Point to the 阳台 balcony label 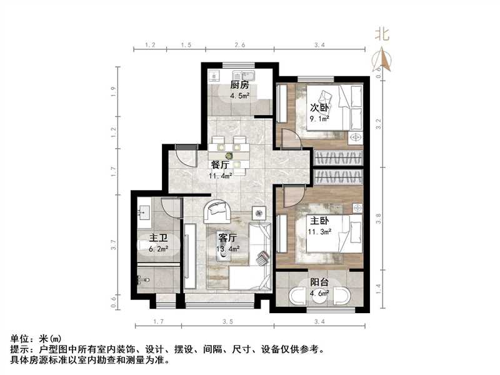321,282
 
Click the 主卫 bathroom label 157,238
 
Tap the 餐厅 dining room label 220,166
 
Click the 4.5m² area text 239,96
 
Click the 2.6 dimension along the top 239,46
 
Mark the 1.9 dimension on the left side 114,89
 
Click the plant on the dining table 229,155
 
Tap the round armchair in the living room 217,212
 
